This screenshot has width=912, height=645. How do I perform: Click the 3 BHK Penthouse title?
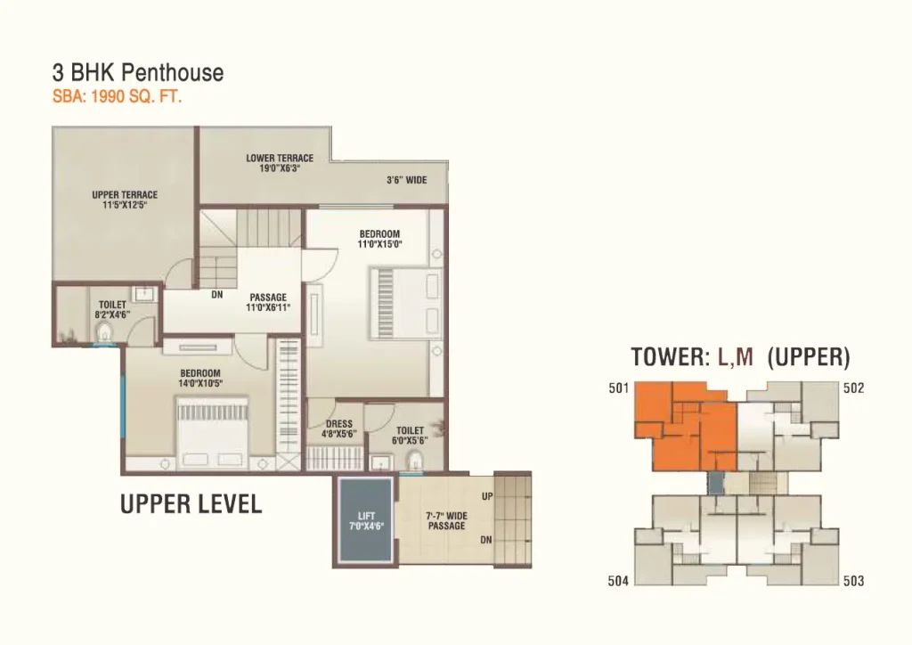tap(138, 73)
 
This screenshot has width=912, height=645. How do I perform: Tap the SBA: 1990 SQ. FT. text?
tap(117, 96)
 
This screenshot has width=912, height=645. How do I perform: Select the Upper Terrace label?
tap(125, 200)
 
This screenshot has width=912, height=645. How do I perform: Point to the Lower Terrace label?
tap(279, 163)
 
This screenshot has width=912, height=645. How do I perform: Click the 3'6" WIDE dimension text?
tap(406, 180)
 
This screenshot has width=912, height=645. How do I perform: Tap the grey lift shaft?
tap(366, 520)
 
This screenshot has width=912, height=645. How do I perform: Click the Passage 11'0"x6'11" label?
tap(268, 302)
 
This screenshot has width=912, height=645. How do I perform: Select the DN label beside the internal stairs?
tap(217, 295)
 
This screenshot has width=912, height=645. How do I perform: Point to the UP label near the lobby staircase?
tap(487, 496)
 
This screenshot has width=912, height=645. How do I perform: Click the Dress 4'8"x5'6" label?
tap(338, 429)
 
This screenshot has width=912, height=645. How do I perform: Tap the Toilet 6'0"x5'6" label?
tap(410, 436)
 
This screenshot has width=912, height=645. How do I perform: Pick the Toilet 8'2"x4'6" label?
tap(112, 309)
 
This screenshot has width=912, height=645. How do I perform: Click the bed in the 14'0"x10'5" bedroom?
tap(213, 431)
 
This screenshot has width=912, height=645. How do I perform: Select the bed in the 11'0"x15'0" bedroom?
tap(405, 303)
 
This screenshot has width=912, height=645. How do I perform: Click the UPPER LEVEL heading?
tap(191, 503)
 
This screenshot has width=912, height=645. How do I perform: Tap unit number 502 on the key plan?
tap(853, 388)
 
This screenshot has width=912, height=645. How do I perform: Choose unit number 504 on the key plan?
tap(618, 581)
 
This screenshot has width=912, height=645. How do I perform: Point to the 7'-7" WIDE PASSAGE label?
tap(447, 520)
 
